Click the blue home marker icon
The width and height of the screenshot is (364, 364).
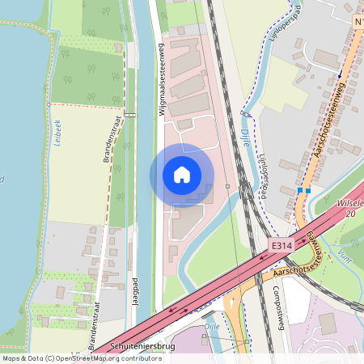182,174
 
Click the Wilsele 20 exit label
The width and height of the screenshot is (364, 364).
349,208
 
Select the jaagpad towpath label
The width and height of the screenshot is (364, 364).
135,290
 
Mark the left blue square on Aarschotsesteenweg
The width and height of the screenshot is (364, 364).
299,190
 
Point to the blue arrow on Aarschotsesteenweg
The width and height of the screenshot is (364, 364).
341,74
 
